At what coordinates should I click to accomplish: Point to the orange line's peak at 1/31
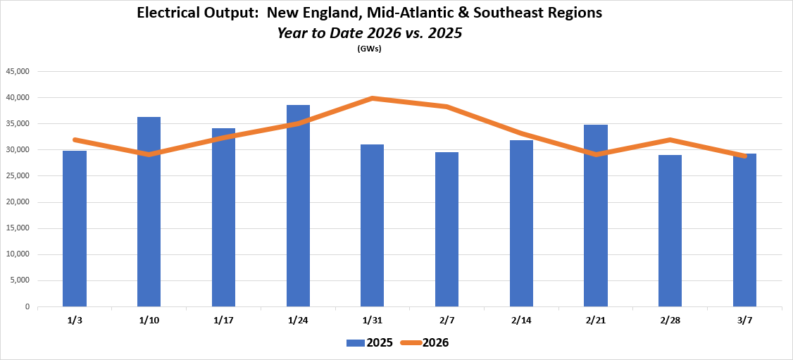coord(372,98)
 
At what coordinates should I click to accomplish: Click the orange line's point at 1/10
coord(149,154)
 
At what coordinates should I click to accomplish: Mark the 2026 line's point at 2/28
coord(670,139)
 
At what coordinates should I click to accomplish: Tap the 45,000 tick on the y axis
coord(18,71)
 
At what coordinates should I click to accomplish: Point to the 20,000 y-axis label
coord(18,202)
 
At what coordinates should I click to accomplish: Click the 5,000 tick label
coord(20,280)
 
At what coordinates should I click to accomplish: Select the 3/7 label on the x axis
coord(744,320)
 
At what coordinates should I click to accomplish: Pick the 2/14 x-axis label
coord(521,320)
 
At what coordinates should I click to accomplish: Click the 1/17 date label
coord(223,320)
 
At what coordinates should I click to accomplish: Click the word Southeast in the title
coord(520,13)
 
